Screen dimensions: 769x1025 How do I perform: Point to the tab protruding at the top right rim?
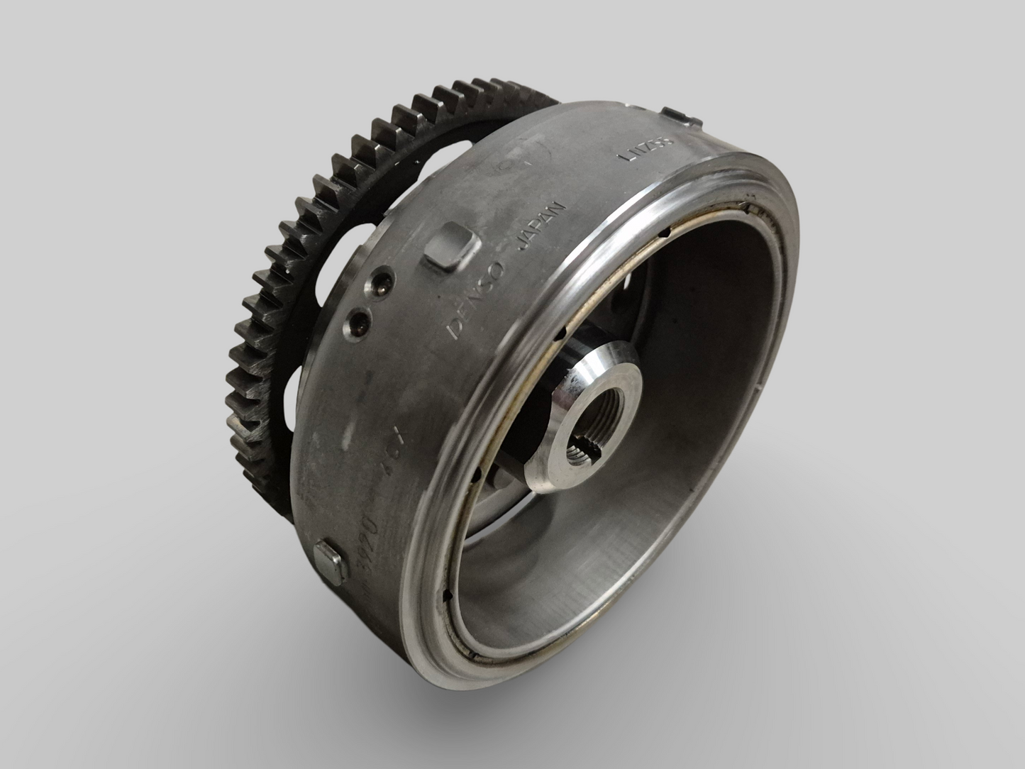[x=677, y=115]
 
